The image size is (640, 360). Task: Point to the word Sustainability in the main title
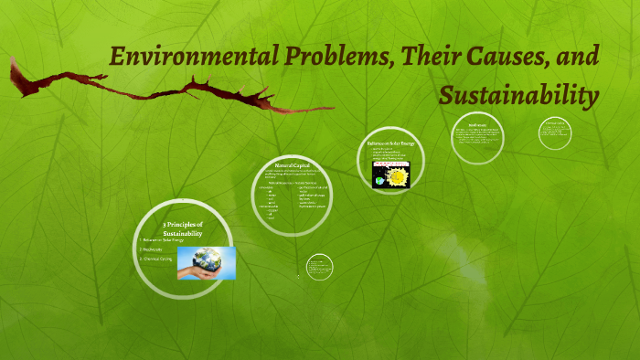pyautogui.click(x=518, y=94)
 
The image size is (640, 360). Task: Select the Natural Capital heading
pyautogui.click(x=291, y=165)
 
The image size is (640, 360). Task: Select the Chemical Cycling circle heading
pyautogui.click(x=558, y=122)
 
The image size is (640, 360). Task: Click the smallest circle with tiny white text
pyautogui.click(x=319, y=267)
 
